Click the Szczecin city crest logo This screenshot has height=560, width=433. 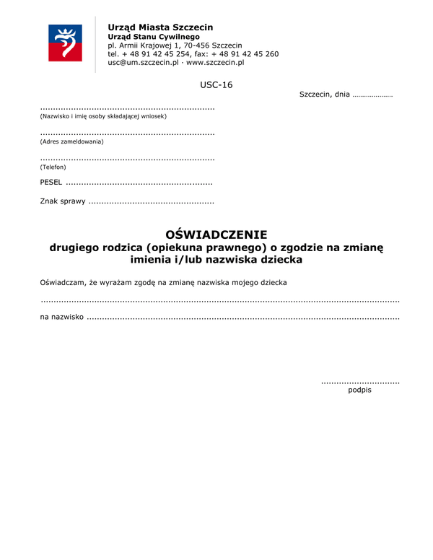(x=65, y=43)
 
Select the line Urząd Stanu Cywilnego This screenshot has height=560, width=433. (x=153, y=36)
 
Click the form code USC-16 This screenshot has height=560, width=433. (x=216, y=85)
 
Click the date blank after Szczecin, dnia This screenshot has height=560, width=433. (x=372, y=95)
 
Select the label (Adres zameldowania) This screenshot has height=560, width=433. (x=71, y=141)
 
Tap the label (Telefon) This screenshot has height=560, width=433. (x=53, y=167)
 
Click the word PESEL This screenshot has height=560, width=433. (x=51, y=183)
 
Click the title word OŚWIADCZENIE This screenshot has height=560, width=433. (x=216, y=235)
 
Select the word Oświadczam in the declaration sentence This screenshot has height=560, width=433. (x=64, y=281)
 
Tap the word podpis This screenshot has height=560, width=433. (x=359, y=390)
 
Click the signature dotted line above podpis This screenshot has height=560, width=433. (x=359, y=381)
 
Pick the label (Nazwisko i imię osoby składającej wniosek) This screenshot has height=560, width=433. (x=103, y=115)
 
